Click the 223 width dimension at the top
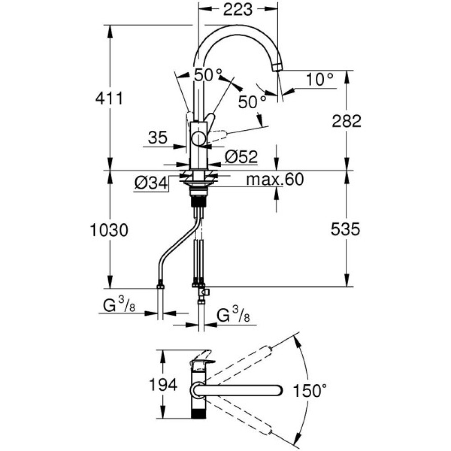(x=238, y=9)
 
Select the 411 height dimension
(x=108, y=98)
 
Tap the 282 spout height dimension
(x=346, y=121)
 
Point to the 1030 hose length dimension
(x=108, y=230)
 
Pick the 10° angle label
(x=321, y=80)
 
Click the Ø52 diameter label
(x=241, y=157)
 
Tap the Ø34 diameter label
(x=151, y=183)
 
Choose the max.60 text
(x=275, y=180)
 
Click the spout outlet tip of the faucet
(x=277, y=67)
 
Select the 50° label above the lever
(x=208, y=75)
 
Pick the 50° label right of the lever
(x=251, y=102)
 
